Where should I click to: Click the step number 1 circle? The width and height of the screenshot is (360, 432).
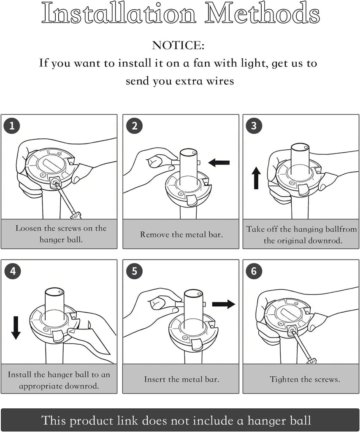pos(12,126)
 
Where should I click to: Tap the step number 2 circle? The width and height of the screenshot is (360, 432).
pos(134,126)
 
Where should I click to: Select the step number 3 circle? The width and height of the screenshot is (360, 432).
pos(254,126)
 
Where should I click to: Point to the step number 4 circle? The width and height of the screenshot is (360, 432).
pos(13,271)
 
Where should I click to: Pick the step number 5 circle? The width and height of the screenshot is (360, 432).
pos(134,271)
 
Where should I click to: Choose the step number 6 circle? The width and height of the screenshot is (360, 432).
pos(254,271)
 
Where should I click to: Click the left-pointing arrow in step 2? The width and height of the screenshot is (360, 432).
pos(219,162)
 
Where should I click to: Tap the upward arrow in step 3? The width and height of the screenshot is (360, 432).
pos(256,178)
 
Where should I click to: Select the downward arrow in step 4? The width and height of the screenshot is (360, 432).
pos(16,328)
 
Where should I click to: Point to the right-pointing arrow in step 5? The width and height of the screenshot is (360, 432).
pos(224,304)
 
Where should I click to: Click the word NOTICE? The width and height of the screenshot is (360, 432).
pos(178,46)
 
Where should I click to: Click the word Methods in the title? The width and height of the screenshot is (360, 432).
pos(262,13)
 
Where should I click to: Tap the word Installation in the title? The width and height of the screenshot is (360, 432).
pos(119,13)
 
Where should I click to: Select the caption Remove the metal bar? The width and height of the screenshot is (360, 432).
pos(181,235)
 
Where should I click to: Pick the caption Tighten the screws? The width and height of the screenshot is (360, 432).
pos(305,379)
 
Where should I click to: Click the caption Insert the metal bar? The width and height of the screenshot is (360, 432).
pos(181,379)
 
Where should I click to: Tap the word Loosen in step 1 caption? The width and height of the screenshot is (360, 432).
pos(28,228)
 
